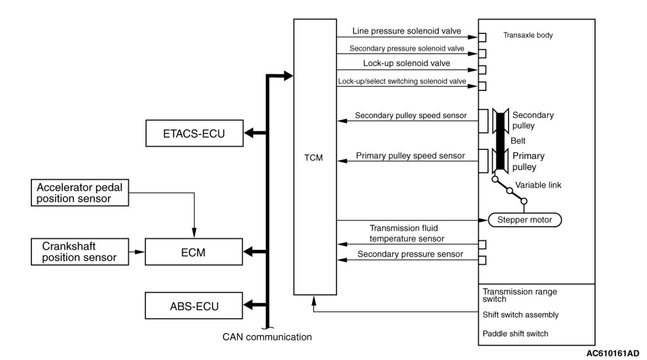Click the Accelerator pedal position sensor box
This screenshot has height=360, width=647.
pyautogui.click(x=79, y=193)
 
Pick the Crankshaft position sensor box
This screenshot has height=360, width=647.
pyautogui.click(x=79, y=252)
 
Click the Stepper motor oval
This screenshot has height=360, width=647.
pyautogui.click(x=525, y=220)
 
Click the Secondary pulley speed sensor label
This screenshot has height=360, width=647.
pyautogui.click(x=411, y=116)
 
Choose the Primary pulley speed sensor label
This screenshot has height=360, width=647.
pyautogui.click(x=411, y=156)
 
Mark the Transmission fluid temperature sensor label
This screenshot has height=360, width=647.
pyautogui.click(x=407, y=233)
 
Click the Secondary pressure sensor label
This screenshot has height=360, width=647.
pyautogui.click(x=411, y=254)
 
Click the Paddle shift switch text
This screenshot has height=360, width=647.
pyautogui.click(x=515, y=334)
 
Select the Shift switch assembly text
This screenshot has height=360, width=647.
pyautogui.click(x=520, y=315)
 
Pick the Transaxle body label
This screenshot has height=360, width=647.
pyautogui.click(x=528, y=36)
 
